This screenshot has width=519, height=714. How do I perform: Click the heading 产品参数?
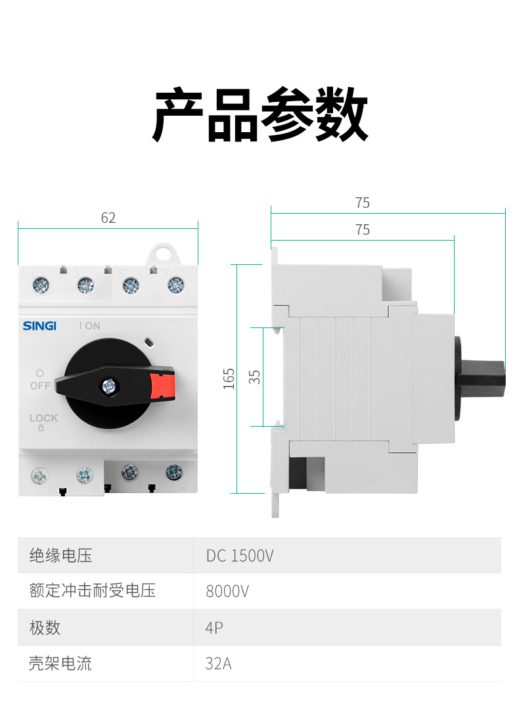tap(260, 115)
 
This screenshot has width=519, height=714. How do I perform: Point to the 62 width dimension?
tap(108, 218)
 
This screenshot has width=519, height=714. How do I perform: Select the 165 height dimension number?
tap(229, 379)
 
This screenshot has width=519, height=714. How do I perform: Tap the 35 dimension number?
tap(255, 377)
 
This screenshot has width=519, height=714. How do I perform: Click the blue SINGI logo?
tap(39, 326)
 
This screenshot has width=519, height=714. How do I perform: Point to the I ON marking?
tap(89, 326)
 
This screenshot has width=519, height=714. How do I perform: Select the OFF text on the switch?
tap(39, 385)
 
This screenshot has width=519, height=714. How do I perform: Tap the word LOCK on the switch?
tap(43, 418)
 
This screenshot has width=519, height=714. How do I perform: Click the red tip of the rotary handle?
tap(162, 386)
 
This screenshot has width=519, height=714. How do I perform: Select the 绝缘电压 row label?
tap(61, 556)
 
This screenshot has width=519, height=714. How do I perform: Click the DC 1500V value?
tap(240, 556)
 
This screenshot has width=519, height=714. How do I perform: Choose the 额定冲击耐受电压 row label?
tap(93, 591)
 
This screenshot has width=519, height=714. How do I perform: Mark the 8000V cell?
tap(227, 591)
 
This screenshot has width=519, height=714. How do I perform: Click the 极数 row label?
tap(45, 627)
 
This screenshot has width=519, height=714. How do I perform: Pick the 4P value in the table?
tap(214, 627)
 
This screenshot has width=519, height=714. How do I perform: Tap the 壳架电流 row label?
tap(61, 663)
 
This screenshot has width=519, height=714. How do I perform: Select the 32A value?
tap(218, 663)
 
